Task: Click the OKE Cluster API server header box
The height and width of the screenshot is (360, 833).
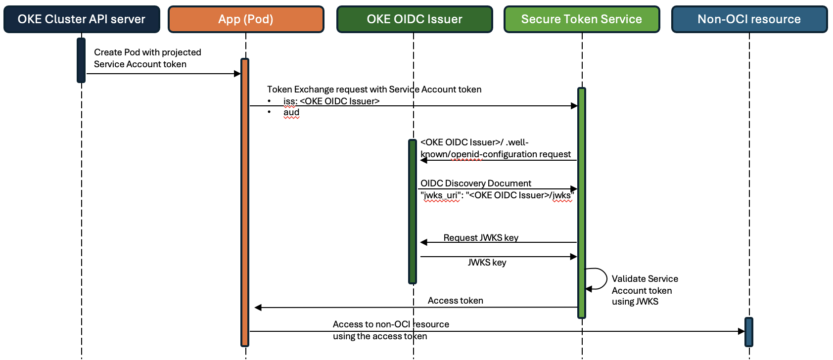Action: [82, 19]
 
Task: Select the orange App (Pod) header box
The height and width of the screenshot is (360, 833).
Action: [246, 19]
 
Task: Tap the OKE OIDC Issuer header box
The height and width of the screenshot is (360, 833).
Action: [415, 19]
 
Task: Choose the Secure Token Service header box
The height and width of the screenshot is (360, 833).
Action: [582, 19]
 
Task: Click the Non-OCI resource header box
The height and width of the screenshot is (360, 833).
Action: [749, 19]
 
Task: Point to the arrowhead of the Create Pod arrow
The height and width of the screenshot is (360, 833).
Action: [237, 74]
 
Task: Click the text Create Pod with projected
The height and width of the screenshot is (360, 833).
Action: [147, 52]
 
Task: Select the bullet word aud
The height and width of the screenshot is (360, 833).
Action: [291, 112]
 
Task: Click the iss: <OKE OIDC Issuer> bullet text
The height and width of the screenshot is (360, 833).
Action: [331, 101]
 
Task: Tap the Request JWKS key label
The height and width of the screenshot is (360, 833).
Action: [481, 237]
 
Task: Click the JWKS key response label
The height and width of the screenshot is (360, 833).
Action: [487, 263]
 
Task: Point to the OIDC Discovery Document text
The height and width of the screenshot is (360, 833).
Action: [475, 183]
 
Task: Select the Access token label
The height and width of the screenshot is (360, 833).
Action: [455, 301]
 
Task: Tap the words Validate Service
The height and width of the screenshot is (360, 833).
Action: [645, 279]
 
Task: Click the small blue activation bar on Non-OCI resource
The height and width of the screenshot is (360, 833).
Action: [748, 332]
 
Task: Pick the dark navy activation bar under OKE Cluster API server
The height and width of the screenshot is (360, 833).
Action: [81, 60]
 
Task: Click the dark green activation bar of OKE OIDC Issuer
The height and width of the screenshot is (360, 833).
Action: [413, 212]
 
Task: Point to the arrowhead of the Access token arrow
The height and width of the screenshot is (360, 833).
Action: [258, 308]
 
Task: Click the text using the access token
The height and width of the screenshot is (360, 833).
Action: [379, 336]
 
